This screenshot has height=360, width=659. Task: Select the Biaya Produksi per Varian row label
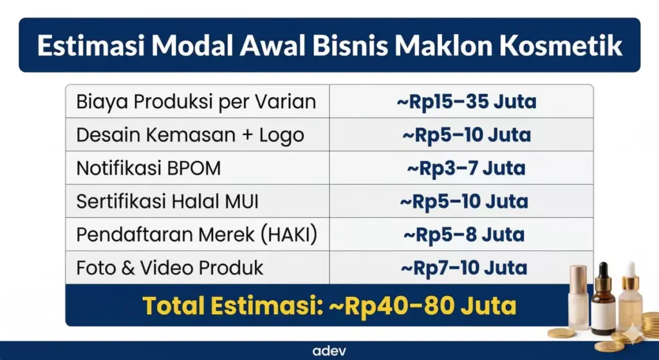coord(196,102)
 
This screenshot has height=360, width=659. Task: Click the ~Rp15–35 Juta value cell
coord(466,102)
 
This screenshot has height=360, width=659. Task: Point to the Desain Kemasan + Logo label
coord(190,135)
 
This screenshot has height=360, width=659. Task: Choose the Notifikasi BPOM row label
coord(149,169)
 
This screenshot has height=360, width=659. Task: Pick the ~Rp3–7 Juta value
coord(466,169)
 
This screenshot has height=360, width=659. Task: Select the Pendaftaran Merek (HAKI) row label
coord(197,235)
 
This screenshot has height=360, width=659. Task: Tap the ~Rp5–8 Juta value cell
coord(464,235)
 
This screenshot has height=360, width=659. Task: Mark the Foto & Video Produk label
coord(170,268)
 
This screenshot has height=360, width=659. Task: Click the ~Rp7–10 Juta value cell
coord(464,268)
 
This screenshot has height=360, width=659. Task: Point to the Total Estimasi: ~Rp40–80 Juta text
coord(329,305)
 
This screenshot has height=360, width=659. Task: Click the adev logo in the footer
coord(329,352)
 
